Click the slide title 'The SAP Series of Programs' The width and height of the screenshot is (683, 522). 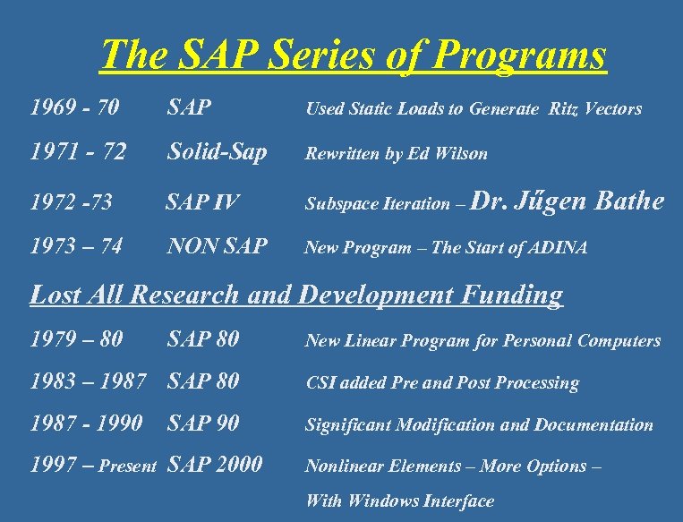pyautogui.click(x=353, y=56)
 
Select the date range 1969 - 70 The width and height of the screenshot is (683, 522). pyautogui.click(x=74, y=109)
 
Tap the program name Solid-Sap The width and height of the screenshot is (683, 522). pyautogui.click(x=217, y=153)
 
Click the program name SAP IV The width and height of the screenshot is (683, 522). pyautogui.click(x=202, y=203)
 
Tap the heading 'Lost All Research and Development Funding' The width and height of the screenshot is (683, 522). pyautogui.click(x=296, y=295)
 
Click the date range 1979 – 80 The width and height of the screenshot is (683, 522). pyautogui.click(x=76, y=340)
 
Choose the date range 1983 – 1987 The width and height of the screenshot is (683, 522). pyautogui.click(x=88, y=382)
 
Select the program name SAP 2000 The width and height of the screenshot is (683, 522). pyautogui.click(x=215, y=465)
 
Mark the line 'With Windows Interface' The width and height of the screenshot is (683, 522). pyautogui.click(x=399, y=501)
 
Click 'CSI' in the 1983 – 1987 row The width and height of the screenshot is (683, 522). pyautogui.click(x=320, y=383)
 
